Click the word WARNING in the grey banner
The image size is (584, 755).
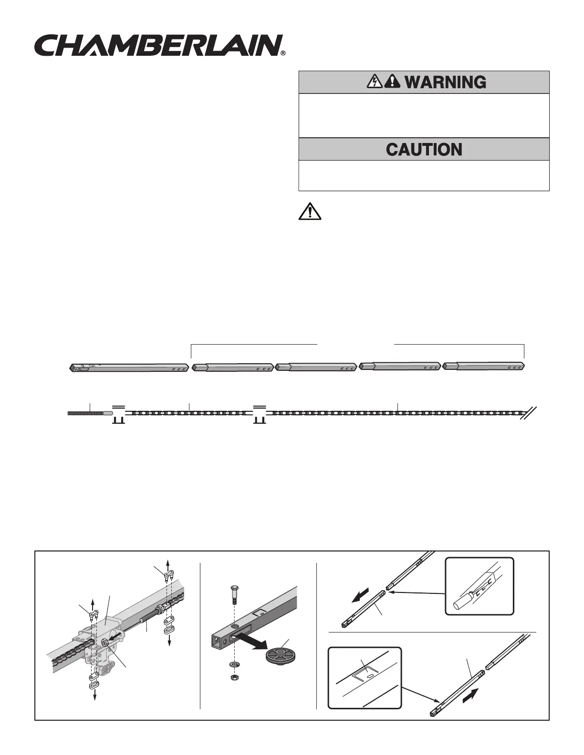point(445,82)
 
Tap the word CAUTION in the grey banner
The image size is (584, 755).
point(424,150)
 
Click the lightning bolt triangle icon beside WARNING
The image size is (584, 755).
point(374,82)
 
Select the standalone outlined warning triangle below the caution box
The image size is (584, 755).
point(310,211)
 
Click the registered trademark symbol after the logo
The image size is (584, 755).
point(283,54)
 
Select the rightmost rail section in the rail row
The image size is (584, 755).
point(484,367)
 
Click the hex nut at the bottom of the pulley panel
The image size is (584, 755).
point(234,677)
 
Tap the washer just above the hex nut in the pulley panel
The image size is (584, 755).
point(234,664)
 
